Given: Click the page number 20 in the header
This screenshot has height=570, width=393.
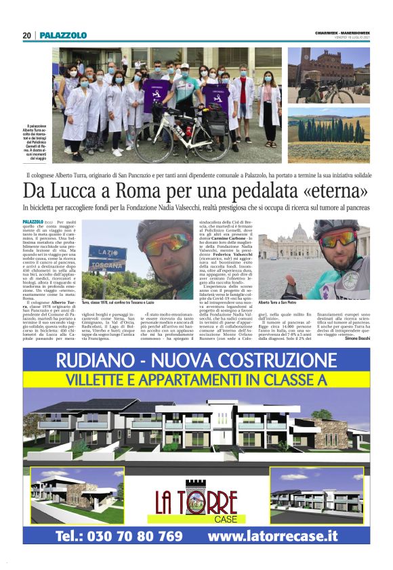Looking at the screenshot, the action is pyautogui.click(x=26, y=35).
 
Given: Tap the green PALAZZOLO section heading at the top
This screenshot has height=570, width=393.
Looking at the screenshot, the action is pyautogui.click(x=63, y=35).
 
